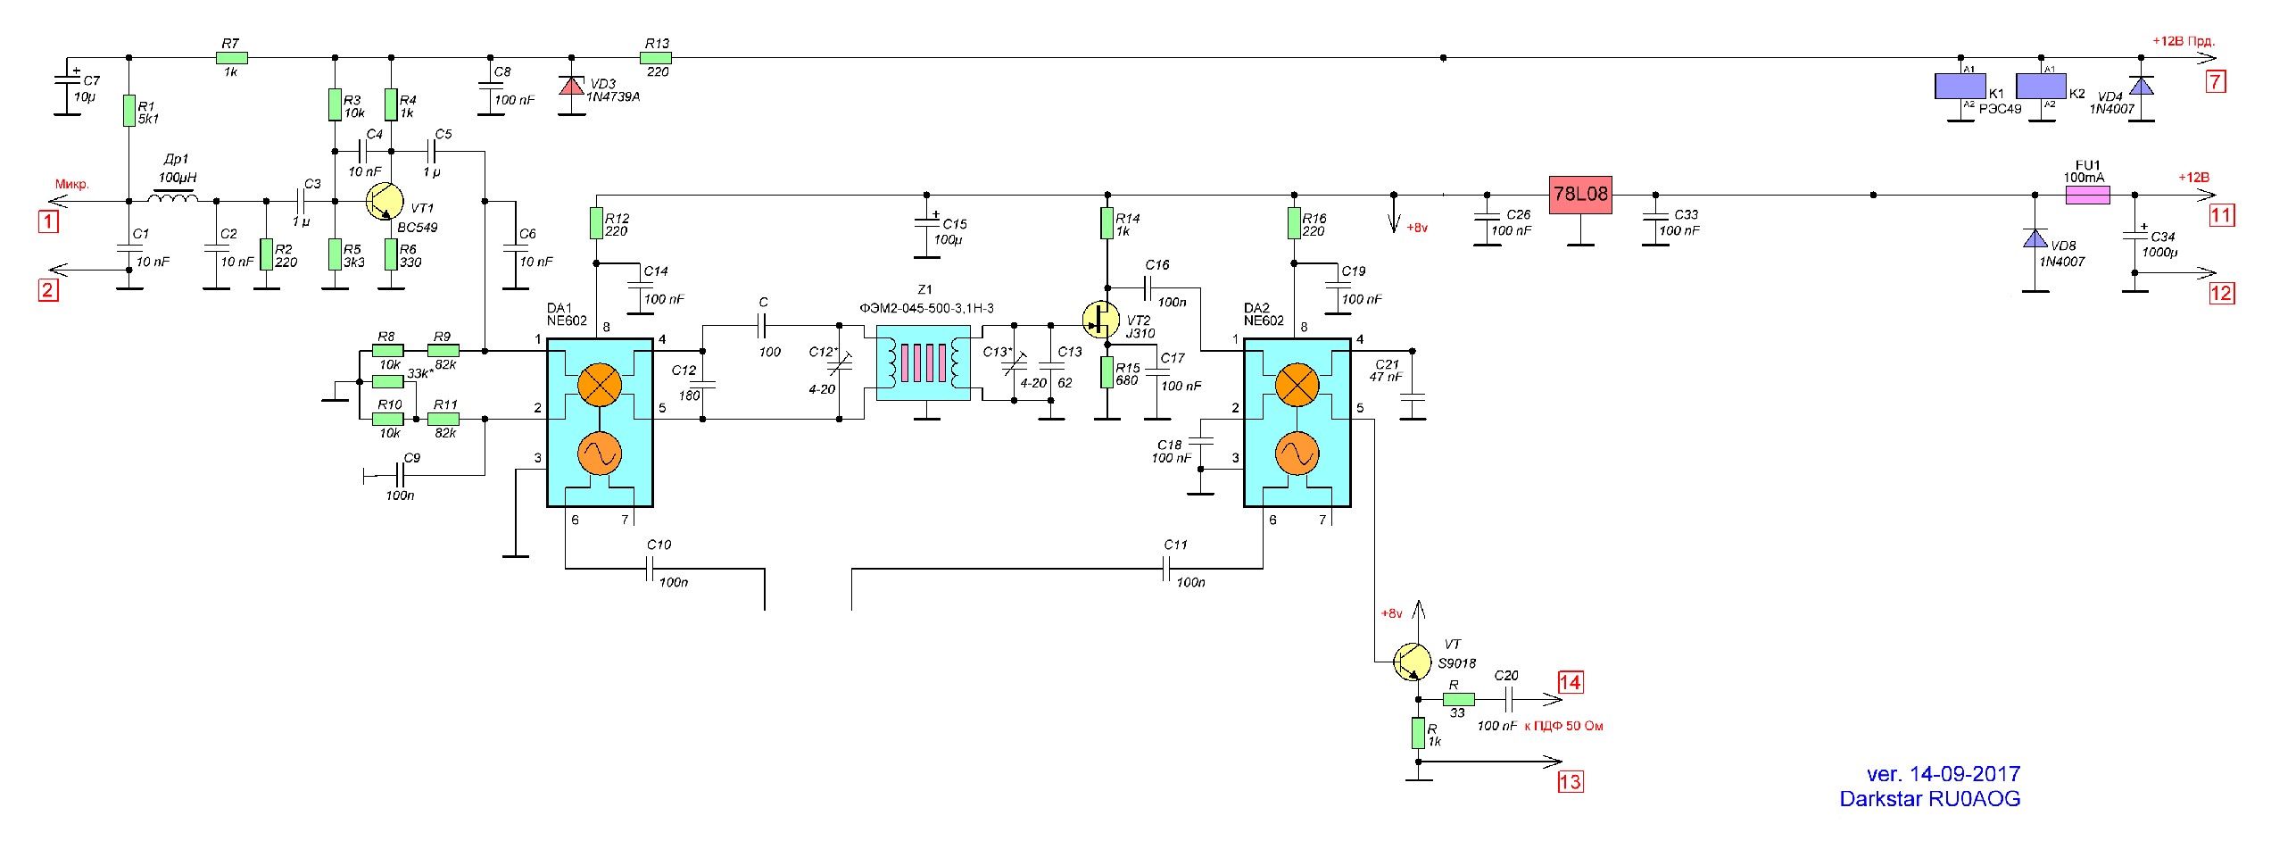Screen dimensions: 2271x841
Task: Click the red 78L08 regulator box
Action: pos(1579,194)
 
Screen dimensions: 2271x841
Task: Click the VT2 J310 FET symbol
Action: pos(1100,319)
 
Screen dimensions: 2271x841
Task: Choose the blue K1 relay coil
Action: pos(1960,86)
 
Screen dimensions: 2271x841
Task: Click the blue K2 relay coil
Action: pos(2042,86)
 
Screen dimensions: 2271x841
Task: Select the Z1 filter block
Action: pos(924,362)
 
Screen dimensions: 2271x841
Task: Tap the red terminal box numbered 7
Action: pos(2216,82)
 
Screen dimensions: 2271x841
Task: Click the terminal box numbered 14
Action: pos(1570,683)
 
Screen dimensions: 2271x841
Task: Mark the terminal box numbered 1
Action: pos(48,221)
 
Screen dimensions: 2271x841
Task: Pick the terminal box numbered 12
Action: pos(2221,293)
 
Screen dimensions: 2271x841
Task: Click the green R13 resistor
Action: pos(657,58)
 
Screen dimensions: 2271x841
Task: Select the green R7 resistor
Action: pos(231,58)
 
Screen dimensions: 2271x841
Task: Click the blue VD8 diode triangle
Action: pos(2035,238)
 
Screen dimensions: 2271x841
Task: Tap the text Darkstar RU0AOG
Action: pos(1929,799)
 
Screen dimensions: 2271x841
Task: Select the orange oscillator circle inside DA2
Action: pos(1296,454)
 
